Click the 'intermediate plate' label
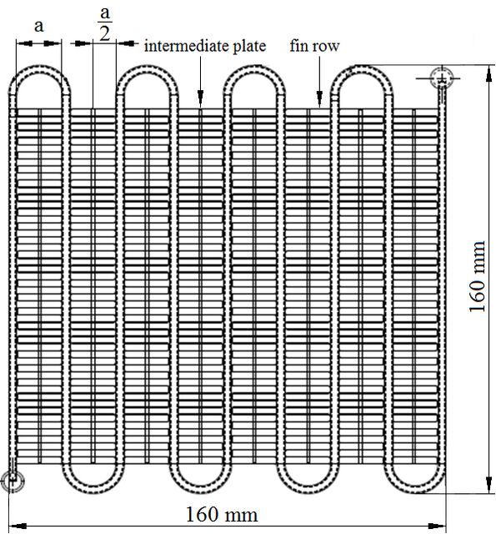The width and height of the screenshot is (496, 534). pyautogui.click(x=205, y=46)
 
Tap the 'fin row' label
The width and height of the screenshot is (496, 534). pyautogui.click(x=314, y=46)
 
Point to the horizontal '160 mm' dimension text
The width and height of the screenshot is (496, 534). pyautogui.click(x=222, y=514)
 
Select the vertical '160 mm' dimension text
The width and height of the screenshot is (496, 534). pyautogui.click(x=477, y=276)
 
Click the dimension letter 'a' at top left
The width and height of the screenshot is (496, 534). pyautogui.click(x=39, y=26)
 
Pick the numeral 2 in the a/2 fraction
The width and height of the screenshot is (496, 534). pyautogui.click(x=105, y=34)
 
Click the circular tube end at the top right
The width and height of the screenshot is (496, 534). pyautogui.click(x=442, y=78)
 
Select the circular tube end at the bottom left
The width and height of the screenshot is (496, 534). pyautogui.click(x=13, y=481)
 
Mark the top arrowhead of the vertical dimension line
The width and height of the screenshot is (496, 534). pyautogui.click(x=488, y=73)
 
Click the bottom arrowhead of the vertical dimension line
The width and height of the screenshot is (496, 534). pyautogui.click(x=488, y=485)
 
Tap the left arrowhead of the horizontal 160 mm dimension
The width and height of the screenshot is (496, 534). pyautogui.click(x=17, y=526)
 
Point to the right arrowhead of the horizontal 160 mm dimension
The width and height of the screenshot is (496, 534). pyautogui.click(x=437, y=526)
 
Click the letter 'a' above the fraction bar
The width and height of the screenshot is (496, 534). pyautogui.click(x=105, y=13)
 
